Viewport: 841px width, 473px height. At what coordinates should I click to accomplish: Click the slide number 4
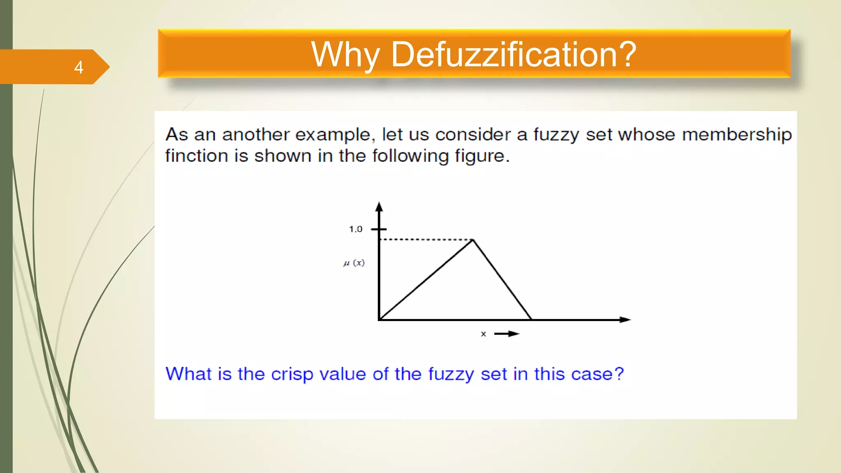[x=78, y=67]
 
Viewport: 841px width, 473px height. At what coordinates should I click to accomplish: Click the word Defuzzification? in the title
[x=513, y=54]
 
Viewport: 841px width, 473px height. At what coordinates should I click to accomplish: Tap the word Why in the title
[x=345, y=54]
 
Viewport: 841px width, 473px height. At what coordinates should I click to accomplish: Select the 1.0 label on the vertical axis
[x=356, y=229]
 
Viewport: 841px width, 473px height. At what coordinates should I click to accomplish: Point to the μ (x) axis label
[x=354, y=263]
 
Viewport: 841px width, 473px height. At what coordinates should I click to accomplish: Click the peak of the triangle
[x=473, y=240]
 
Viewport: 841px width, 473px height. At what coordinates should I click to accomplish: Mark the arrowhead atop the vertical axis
[x=379, y=207]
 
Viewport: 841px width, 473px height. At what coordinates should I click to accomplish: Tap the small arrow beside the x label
[x=507, y=334]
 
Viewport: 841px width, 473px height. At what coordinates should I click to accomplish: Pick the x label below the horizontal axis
[x=483, y=334]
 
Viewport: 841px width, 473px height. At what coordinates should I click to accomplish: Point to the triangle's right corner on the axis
[x=531, y=319]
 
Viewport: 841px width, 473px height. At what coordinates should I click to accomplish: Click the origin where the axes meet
[x=379, y=319]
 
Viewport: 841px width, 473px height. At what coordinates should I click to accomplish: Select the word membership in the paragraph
[x=737, y=135]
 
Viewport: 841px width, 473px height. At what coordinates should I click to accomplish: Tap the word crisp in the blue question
[x=292, y=374]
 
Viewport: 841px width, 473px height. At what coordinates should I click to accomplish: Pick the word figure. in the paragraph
[x=482, y=156]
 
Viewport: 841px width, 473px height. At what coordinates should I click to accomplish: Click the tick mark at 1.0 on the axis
[x=379, y=229]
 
